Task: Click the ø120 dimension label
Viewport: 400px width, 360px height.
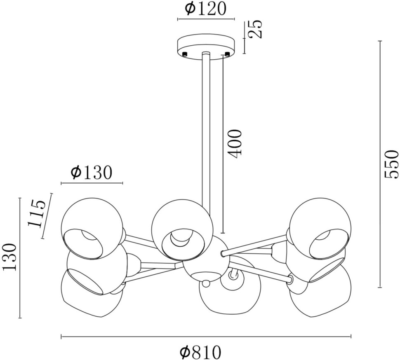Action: pyautogui.click(x=206, y=9)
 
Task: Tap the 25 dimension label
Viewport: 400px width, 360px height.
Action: pyautogui.click(x=256, y=29)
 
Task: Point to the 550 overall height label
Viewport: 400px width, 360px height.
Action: pyautogui.click(x=391, y=164)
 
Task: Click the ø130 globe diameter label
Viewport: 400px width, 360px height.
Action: pyautogui.click(x=91, y=173)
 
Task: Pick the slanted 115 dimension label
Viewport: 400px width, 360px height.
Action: pyautogui.click(x=37, y=213)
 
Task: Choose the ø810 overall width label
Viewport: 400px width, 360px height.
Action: pyautogui.click(x=200, y=352)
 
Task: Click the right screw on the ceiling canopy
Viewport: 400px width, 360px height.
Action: pyautogui.click(x=227, y=54)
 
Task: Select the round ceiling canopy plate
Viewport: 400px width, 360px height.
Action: pyautogui.click(x=206, y=47)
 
